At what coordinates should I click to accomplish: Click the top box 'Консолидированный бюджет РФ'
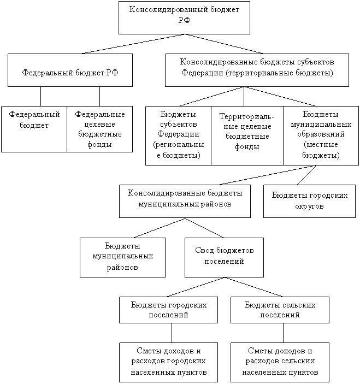[x=184, y=17]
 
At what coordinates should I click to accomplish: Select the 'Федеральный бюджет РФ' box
[x=70, y=70]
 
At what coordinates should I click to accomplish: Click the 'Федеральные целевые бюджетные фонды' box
[x=99, y=129]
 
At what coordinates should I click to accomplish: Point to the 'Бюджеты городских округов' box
[x=309, y=201]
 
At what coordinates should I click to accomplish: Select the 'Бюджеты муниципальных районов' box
[x=122, y=256]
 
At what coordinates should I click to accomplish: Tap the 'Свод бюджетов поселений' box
[x=224, y=256]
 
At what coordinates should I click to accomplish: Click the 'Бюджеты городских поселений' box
[x=168, y=310]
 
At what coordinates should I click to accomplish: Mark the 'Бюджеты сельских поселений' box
[x=280, y=310]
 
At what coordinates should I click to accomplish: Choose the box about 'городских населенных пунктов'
[x=168, y=362]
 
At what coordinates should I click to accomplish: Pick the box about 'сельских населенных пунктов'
[x=280, y=362]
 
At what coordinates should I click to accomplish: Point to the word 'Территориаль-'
[x=247, y=117]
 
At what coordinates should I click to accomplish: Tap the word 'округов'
[x=309, y=207]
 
